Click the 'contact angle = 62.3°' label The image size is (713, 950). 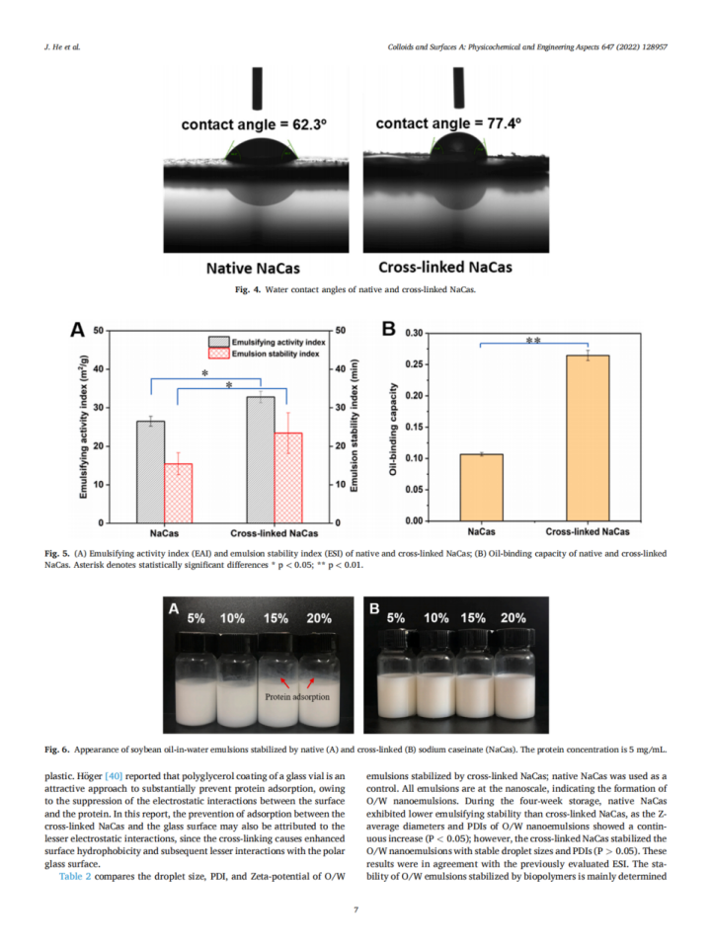coord(254,125)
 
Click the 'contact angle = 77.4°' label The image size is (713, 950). coord(448,123)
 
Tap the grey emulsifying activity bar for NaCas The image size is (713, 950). coord(151,471)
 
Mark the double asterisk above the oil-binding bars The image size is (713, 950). coord(533,341)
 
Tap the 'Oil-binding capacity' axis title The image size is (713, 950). coord(394,431)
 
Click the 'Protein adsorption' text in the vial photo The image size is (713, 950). coord(297,696)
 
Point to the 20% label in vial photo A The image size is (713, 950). coord(319,618)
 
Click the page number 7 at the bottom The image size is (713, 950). coord(356,910)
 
